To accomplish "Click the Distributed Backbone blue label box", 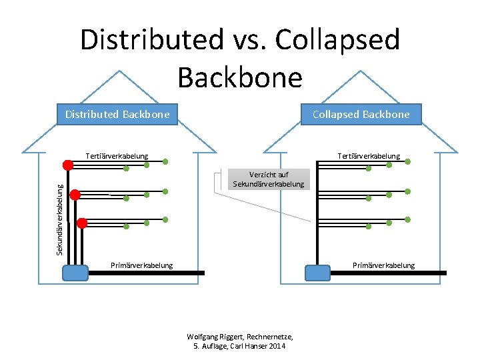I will pyautogui.click(x=117, y=115).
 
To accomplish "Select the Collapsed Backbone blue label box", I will pyautogui.click(x=361, y=115).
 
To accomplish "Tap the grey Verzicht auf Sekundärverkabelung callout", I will pyautogui.click(x=268, y=179).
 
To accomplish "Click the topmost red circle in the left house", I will pyautogui.click(x=68, y=165).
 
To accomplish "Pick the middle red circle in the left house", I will pyautogui.click(x=75, y=195).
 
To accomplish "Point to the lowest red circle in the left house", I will pyautogui.click(x=82, y=223).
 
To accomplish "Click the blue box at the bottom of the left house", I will pyautogui.click(x=75, y=273).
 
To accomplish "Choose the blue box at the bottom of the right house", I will pyautogui.click(x=317, y=273).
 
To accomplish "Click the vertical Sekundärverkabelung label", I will pyautogui.click(x=59, y=210).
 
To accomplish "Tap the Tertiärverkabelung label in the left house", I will pyautogui.click(x=117, y=157).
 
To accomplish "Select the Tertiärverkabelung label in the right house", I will pyautogui.click(x=369, y=157).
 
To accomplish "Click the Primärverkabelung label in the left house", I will pyautogui.click(x=141, y=265).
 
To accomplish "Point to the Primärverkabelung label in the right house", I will pyautogui.click(x=383, y=265).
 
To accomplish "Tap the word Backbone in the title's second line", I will pyautogui.click(x=240, y=77).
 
